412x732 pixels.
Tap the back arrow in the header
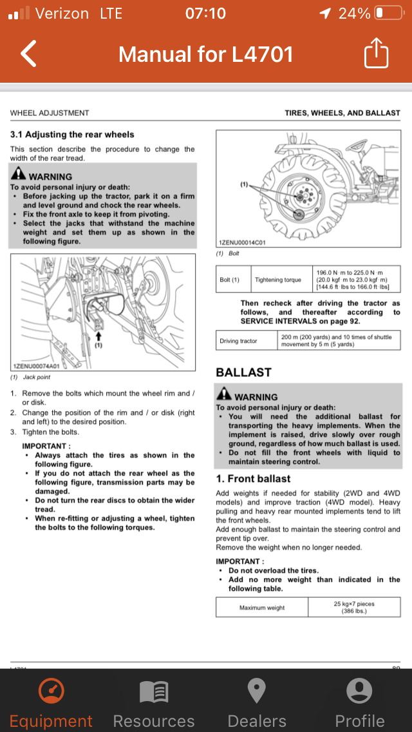click(x=29, y=53)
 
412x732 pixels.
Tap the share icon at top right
click(x=377, y=53)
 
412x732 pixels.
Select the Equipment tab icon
click(x=51, y=691)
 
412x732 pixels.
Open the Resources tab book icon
click(x=154, y=692)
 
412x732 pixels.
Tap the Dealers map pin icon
click(x=257, y=691)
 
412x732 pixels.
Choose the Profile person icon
click(x=359, y=691)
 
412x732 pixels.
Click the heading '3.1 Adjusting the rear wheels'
click(x=72, y=135)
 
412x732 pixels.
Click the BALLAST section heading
click(x=243, y=372)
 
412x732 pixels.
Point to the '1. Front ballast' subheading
click(x=253, y=479)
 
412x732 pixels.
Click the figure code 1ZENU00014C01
click(x=243, y=242)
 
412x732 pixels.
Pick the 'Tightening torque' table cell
click(x=277, y=280)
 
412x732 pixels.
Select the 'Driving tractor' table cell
click(x=238, y=341)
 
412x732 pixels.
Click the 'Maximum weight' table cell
click(x=262, y=608)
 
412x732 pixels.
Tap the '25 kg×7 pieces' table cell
click(x=354, y=608)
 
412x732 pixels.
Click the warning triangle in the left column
click(x=18, y=175)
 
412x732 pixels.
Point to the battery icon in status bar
click(x=388, y=13)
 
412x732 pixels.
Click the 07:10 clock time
click(x=205, y=13)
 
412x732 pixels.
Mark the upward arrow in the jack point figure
click(x=98, y=335)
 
